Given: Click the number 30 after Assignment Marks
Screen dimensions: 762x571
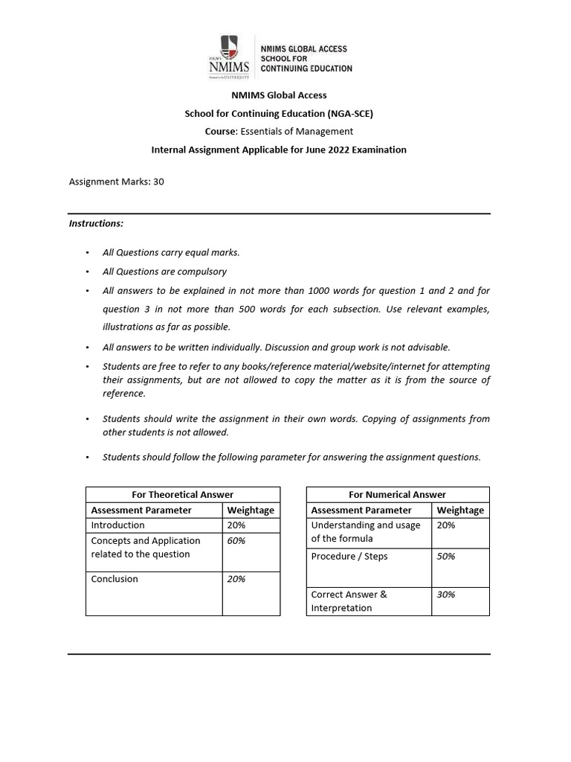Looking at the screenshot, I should click(158, 181).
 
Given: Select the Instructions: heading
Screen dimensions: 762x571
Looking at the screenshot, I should click(97, 223).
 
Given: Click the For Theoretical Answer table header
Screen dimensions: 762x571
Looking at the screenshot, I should click(183, 494).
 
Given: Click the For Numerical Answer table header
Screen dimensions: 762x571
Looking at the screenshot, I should click(398, 494).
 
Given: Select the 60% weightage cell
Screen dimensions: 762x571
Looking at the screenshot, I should click(236, 541).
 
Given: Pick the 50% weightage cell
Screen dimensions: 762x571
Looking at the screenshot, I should click(446, 557).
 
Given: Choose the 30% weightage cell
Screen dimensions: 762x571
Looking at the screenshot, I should click(446, 595).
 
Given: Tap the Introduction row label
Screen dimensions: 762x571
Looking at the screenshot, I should click(117, 525).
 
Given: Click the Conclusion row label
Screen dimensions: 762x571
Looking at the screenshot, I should click(114, 579).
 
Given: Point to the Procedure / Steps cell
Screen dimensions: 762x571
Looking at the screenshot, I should click(349, 557).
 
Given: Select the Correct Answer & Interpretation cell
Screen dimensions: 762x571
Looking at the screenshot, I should click(349, 601).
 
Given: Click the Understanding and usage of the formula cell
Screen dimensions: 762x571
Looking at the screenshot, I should click(365, 531).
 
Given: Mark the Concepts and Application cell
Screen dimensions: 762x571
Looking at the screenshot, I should click(145, 547).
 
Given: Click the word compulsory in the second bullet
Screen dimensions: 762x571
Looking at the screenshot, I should click(201, 272).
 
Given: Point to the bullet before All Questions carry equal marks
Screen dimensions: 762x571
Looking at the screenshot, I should click(87, 253).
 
